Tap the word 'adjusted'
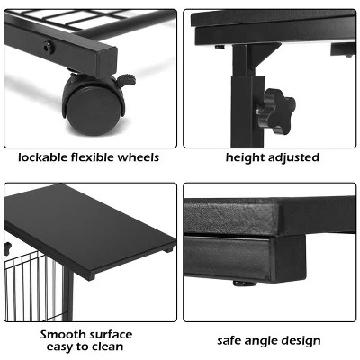(292, 157)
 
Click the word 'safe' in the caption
(229, 342)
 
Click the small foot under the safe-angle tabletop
(241, 282)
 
